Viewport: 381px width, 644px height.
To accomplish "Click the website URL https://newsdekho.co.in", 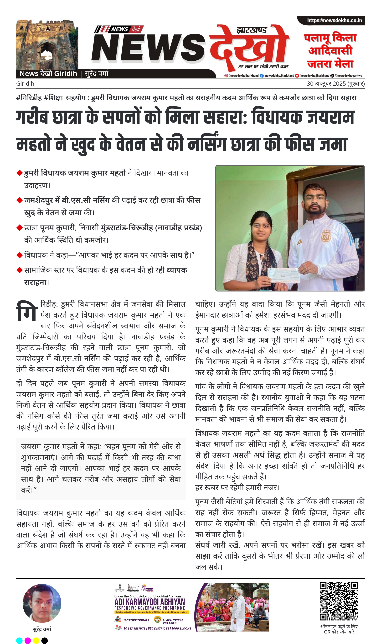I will click(x=334, y=21).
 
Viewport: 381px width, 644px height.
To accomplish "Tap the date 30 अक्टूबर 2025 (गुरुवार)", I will click(x=336, y=84).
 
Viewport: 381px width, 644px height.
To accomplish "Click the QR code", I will click(x=339, y=601).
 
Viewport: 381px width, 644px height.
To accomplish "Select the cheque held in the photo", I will click(x=283, y=275).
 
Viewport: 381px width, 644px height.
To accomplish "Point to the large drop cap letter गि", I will click(x=27, y=312).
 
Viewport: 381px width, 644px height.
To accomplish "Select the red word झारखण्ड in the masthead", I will click(x=252, y=30).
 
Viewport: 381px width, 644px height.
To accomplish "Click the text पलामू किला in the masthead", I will click(x=330, y=38).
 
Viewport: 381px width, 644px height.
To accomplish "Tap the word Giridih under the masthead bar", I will click(x=25, y=84).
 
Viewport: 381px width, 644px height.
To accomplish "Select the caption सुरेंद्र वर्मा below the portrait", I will click(x=42, y=629).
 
